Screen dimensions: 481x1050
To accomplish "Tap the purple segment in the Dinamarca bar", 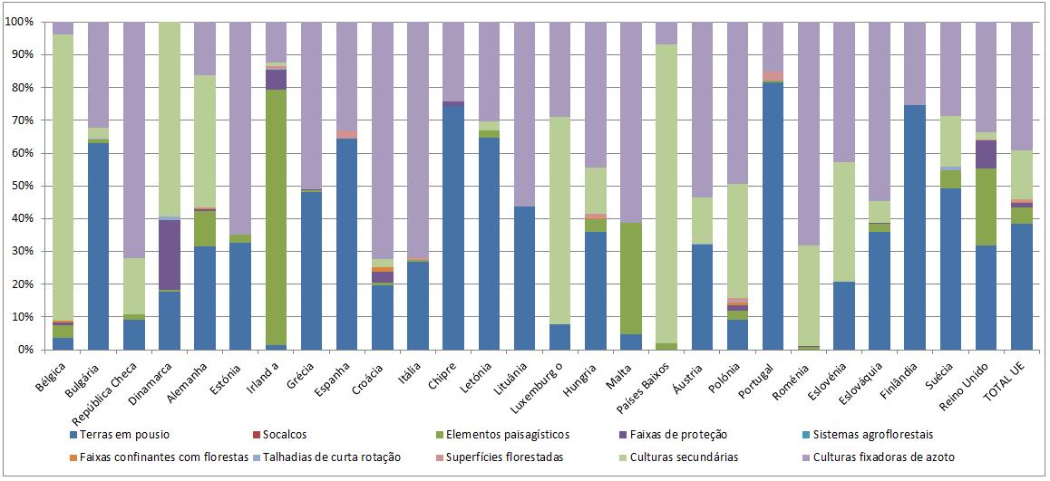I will [x=169, y=255].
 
